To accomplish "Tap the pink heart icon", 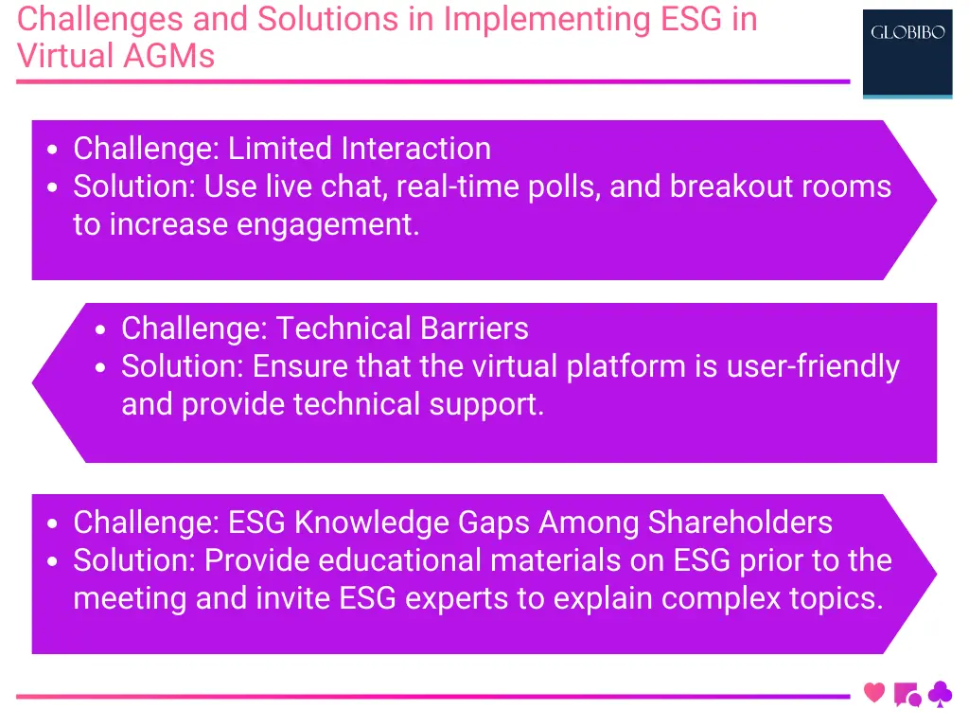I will click(874, 693).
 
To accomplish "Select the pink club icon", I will click(940, 695).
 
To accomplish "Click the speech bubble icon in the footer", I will click(907, 695).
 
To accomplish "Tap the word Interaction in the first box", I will click(415, 149).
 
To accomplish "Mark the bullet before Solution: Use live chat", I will click(54, 188).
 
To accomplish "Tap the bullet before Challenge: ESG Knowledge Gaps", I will click(54, 524).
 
